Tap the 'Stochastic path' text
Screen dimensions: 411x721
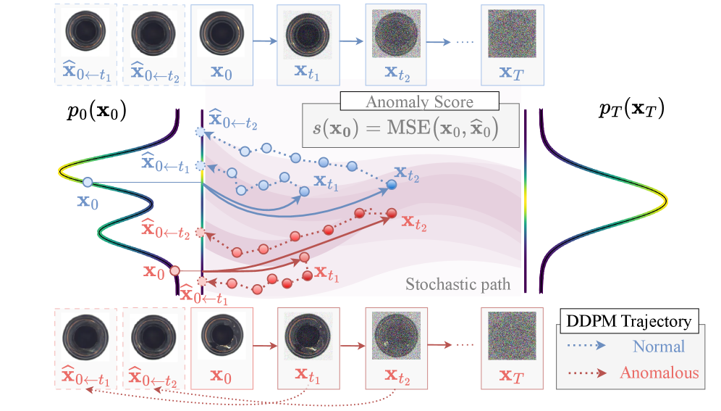pyautogui.click(x=458, y=284)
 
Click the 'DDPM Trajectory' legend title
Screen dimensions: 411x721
pyautogui.click(x=628, y=321)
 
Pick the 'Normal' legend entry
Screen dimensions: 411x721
pyautogui.click(x=658, y=346)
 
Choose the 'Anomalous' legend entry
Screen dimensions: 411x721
pyautogui.click(x=659, y=373)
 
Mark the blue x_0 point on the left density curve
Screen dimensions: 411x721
pyautogui.click(x=88, y=182)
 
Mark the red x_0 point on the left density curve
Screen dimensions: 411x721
pyautogui.click(x=174, y=270)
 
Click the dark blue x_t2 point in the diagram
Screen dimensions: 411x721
pyautogui.click(x=391, y=185)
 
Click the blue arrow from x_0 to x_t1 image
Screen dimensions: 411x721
pyautogui.click(x=266, y=42)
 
